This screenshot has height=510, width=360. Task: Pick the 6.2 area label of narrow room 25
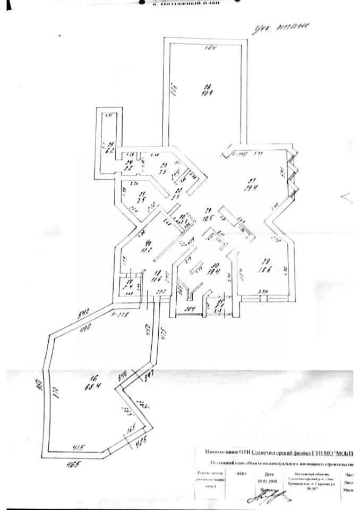point(111,151)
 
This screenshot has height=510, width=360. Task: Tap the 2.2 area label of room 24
point(128,168)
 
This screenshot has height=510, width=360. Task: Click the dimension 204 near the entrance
point(190,310)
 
